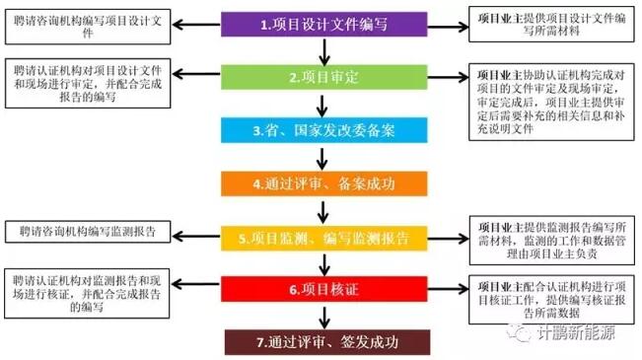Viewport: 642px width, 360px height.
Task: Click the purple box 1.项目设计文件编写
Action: click(x=324, y=24)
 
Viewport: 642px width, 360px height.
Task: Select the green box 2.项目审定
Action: click(x=324, y=77)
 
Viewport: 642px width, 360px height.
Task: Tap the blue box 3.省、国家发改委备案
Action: click(x=324, y=130)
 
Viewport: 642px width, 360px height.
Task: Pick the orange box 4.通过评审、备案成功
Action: click(x=324, y=183)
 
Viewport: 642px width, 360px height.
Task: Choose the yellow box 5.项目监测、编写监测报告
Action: click(x=324, y=238)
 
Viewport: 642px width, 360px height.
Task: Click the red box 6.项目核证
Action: click(x=324, y=289)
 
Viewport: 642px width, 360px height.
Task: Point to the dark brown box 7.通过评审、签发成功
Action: click(x=327, y=342)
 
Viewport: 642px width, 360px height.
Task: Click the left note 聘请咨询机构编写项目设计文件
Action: click(x=88, y=27)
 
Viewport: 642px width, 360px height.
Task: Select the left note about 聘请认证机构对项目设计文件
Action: click(x=88, y=84)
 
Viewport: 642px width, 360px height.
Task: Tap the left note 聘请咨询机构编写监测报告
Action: click(x=88, y=232)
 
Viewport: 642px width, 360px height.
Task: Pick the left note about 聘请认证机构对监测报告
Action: click(x=87, y=293)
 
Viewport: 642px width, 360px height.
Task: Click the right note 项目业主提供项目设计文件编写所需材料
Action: click(x=551, y=24)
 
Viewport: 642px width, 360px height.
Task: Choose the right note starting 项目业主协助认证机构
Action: click(x=551, y=102)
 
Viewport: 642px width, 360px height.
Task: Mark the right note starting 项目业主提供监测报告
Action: click(x=552, y=241)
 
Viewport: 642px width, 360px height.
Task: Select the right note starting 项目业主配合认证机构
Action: click(x=551, y=300)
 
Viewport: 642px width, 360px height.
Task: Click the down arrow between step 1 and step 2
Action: click(x=324, y=52)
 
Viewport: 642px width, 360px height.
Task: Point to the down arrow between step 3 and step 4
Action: click(x=322, y=159)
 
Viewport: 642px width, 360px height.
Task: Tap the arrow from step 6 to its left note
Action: click(x=195, y=284)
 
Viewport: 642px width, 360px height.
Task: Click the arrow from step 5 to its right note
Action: click(x=449, y=239)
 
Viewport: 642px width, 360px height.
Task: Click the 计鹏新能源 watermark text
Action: click(x=576, y=332)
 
